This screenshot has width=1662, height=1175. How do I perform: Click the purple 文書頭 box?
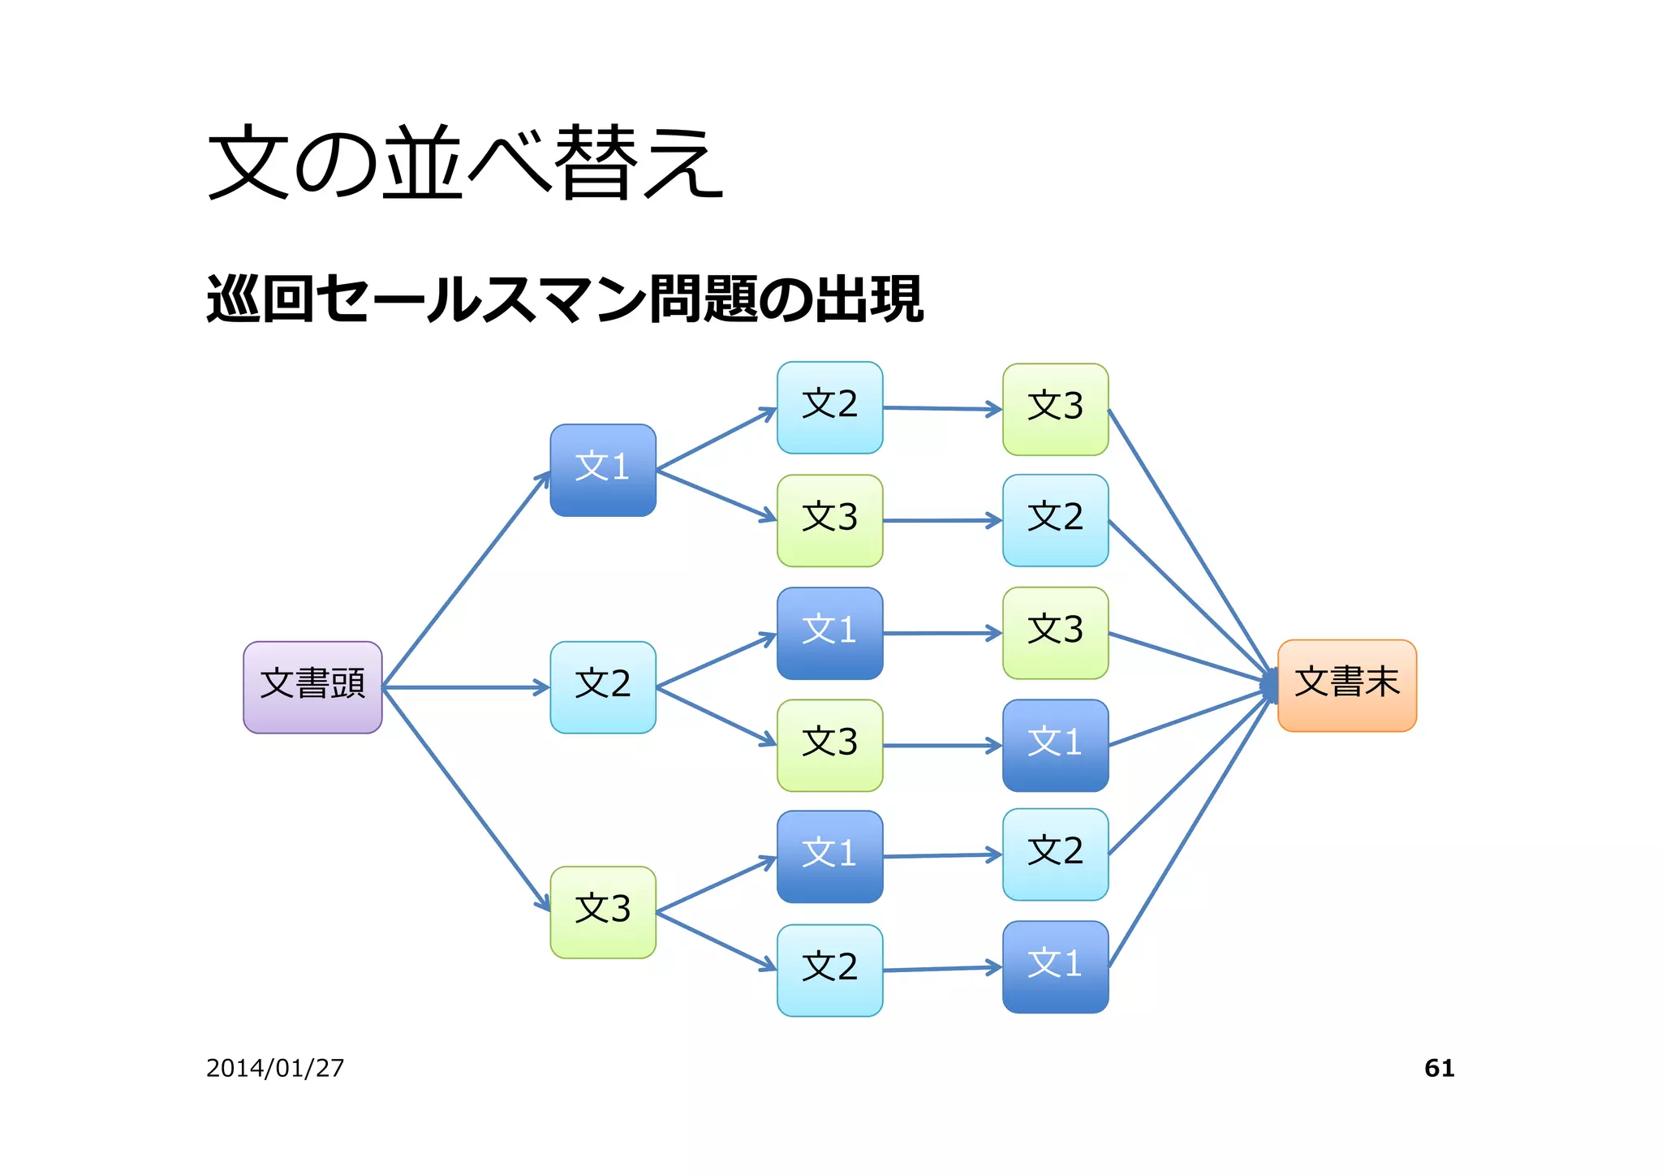click(x=312, y=686)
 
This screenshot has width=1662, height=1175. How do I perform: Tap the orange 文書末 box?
click(x=1346, y=685)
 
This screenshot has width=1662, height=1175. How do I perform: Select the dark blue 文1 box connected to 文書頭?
click(x=602, y=470)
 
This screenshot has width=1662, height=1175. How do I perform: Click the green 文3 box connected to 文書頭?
click(x=602, y=911)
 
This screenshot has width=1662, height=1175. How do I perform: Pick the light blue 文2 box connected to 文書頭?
click(x=602, y=686)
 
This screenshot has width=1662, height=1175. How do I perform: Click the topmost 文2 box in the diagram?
click(x=829, y=407)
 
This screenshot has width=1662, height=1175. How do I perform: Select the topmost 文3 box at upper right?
click(x=1055, y=409)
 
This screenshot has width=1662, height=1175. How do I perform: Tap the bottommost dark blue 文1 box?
click(x=1055, y=966)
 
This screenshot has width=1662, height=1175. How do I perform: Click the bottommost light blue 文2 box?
click(x=829, y=970)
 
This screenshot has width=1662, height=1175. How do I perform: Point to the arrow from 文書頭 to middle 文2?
click(x=467, y=687)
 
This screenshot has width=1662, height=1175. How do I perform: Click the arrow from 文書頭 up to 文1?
click(x=467, y=579)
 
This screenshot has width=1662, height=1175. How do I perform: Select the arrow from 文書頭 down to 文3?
click(x=467, y=799)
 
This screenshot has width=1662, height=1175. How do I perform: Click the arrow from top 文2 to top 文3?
click(x=941, y=409)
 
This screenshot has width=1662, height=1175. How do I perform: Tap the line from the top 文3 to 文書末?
click(x=1189, y=544)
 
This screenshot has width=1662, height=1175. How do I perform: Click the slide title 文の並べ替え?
click(x=464, y=162)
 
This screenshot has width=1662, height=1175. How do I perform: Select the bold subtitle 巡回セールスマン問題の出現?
click(x=565, y=299)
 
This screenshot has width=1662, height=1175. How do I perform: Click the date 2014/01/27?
click(x=275, y=1068)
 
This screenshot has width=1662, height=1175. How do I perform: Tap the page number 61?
click(x=1439, y=1068)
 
